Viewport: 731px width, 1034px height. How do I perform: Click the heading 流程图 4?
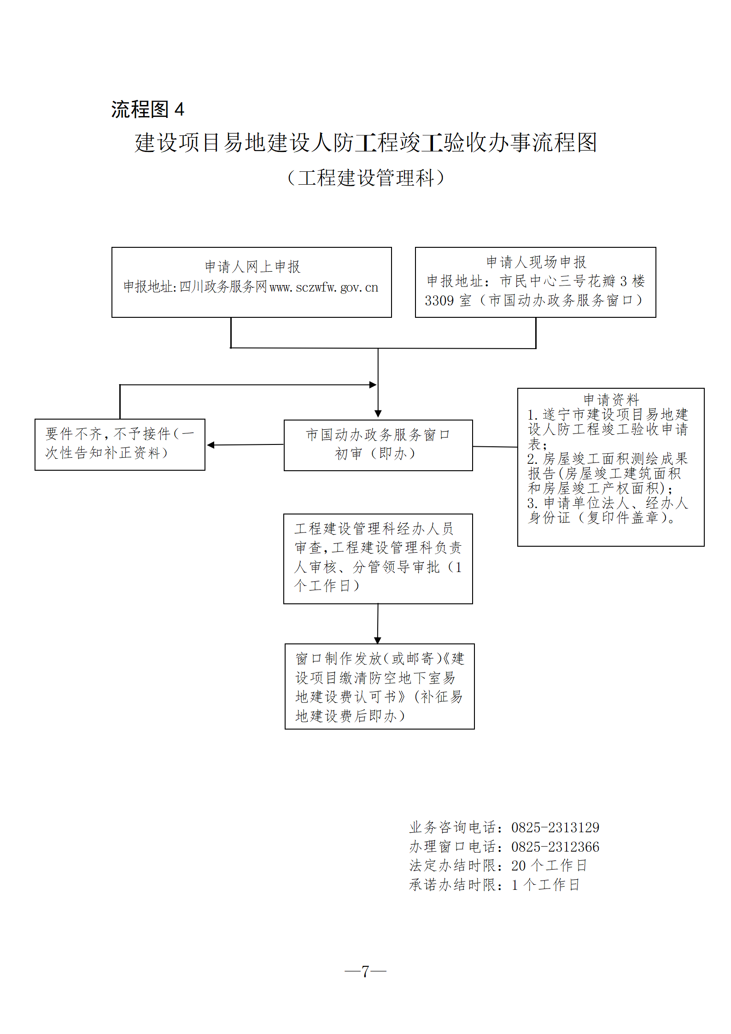coord(147,110)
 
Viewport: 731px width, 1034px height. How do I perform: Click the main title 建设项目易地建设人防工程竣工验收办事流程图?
coord(366,143)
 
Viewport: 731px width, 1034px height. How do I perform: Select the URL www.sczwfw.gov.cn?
coord(324,287)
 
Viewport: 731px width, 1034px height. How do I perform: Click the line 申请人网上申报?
coord(252,267)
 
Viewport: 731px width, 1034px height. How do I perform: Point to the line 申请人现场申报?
coord(536,262)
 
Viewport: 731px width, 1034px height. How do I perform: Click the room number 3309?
coord(439,301)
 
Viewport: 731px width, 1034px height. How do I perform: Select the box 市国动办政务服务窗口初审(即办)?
coord(378,445)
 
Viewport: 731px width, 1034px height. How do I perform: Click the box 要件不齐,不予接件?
coord(120,444)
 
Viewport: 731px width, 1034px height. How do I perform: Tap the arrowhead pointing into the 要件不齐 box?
coord(211,445)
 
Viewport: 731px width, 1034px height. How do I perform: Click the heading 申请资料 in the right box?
coord(611,399)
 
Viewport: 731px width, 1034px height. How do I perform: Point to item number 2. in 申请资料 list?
coord(532,459)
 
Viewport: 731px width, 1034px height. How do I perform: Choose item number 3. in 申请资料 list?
coord(532,503)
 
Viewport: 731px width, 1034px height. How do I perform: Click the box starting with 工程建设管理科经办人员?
coord(378,558)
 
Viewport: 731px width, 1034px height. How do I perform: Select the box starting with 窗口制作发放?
coord(380,686)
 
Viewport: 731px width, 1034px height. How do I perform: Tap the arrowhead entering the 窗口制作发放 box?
coord(378,640)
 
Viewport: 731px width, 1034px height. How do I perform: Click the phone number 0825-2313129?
coord(555,828)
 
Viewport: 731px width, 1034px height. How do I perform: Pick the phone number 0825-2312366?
coord(555,847)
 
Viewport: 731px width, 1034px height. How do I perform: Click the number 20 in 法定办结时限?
coord(518,866)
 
